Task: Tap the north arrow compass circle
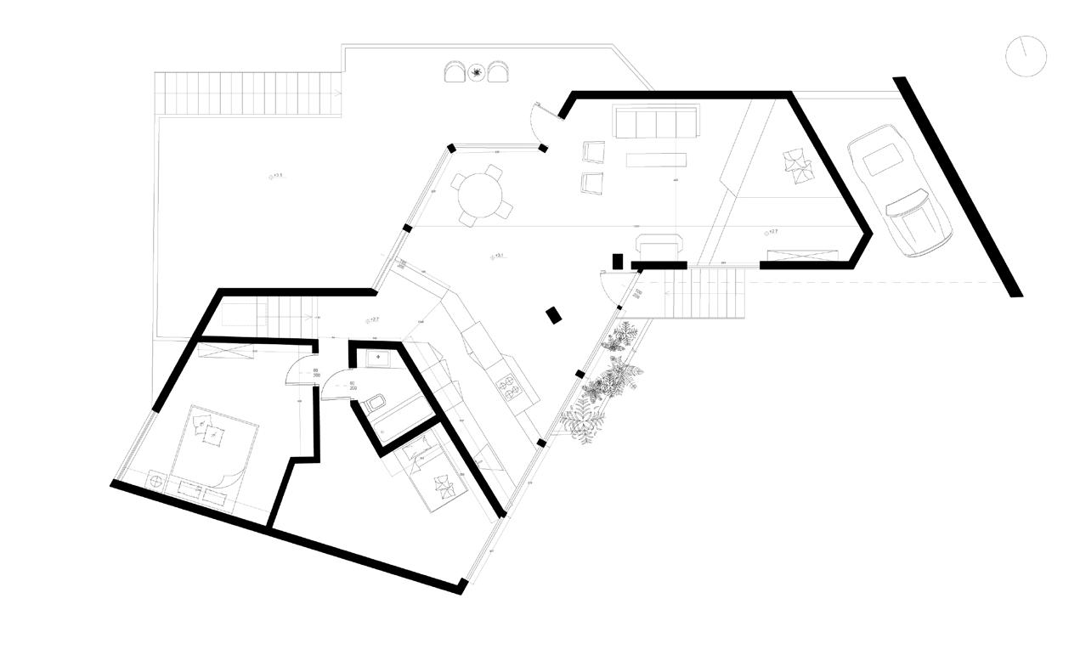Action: coord(1025,55)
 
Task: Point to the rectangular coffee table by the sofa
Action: coord(655,160)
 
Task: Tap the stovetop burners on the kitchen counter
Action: coord(508,387)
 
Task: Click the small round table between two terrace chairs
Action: coord(478,73)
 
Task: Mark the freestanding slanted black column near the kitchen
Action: coord(554,314)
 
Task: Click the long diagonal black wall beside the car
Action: coord(957,187)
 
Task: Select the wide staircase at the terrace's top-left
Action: coord(247,93)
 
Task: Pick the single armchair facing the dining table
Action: coord(592,182)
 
